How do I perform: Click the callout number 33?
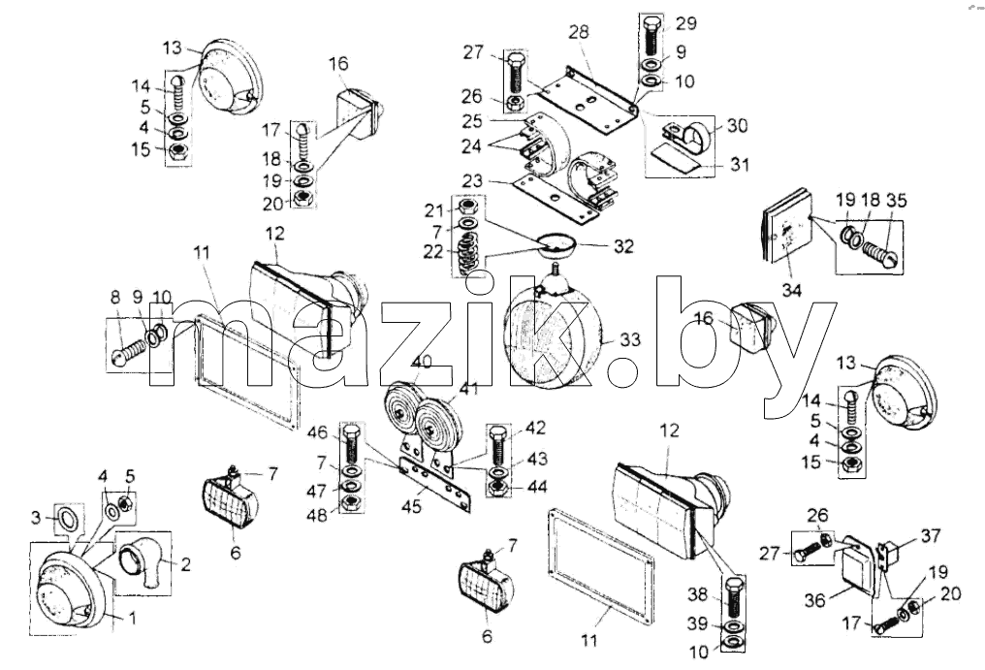pyautogui.click(x=630, y=340)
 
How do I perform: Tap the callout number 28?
pyautogui.click(x=579, y=32)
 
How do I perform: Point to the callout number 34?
pyautogui.click(x=792, y=290)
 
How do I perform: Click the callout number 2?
pyautogui.click(x=185, y=564)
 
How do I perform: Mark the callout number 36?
pyautogui.click(x=814, y=600)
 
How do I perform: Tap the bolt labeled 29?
pyautogui.click(x=651, y=35)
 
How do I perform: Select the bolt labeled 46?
pyautogui.click(x=351, y=443)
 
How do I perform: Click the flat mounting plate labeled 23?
pyautogui.click(x=556, y=200)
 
